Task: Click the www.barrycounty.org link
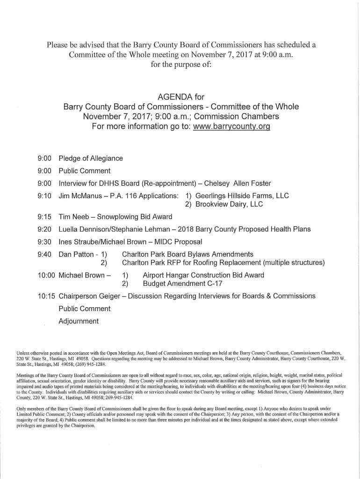click(231, 127)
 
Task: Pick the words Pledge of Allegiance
click(91, 159)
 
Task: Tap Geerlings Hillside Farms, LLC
click(242, 196)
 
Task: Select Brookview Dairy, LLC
click(229, 204)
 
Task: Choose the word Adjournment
click(79, 321)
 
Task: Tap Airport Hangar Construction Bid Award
click(203, 275)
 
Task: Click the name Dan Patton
click(76, 254)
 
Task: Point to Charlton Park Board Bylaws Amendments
click(187, 254)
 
